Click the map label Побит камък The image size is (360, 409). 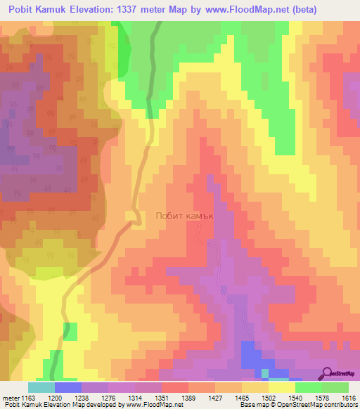click(x=184, y=217)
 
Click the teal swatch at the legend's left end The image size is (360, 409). click(x=41, y=387)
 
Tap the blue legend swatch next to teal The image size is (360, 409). click(x=68, y=387)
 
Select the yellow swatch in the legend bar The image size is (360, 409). click(x=281, y=387)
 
